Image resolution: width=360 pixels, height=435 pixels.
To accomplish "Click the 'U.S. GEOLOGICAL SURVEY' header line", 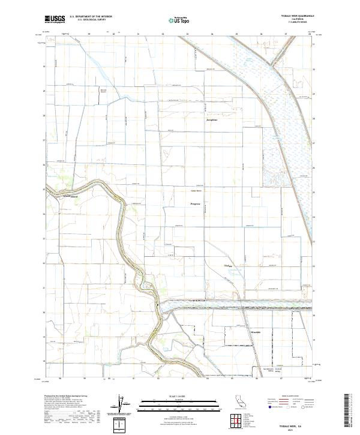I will pyautogui.click(x=86, y=21).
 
